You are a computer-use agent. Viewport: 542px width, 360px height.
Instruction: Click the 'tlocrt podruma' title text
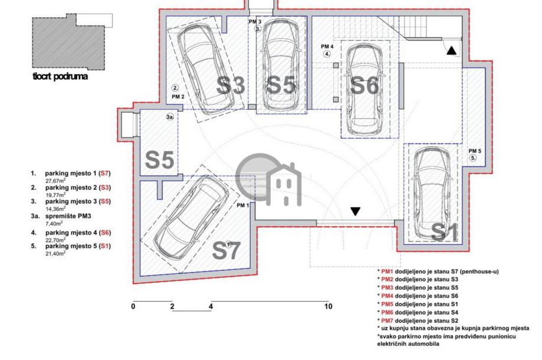tap(60, 76)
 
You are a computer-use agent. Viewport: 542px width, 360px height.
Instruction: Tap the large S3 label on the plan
tap(231, 85)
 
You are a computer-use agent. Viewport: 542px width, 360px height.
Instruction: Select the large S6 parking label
tap(364, 85)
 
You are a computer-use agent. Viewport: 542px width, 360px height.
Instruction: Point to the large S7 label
tap(226, 250)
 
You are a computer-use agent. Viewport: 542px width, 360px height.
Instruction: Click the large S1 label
tap(445, 232)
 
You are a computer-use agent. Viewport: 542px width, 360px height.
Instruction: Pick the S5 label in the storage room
tap(159, 160)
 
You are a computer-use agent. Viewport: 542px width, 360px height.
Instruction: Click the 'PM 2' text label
tap(178, 97)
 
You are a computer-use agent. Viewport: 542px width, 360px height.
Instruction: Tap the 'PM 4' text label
tap(327, 47)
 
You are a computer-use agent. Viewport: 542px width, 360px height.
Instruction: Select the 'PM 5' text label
tap(475, 151)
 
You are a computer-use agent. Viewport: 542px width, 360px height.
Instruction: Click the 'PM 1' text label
tap(242, 205)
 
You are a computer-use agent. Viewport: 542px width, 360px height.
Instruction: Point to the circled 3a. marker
tap(170, 117)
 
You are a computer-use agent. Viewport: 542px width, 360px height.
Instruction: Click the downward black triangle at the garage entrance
tap(356, 211)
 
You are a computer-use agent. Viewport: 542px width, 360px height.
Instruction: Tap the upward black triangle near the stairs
tap(451, 51)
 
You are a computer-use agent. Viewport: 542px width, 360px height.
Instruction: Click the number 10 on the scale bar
tap(328, 306)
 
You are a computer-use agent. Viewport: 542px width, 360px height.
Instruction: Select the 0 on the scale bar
tap(133, 306)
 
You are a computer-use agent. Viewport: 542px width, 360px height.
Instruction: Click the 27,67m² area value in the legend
tap(55, 180)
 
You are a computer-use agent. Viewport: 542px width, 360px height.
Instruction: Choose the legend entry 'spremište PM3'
tap(68, 216)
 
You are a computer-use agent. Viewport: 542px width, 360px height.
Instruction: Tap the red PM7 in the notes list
tap(387, 320)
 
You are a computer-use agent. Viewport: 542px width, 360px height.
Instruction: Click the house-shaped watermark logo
tap(269, 179)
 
